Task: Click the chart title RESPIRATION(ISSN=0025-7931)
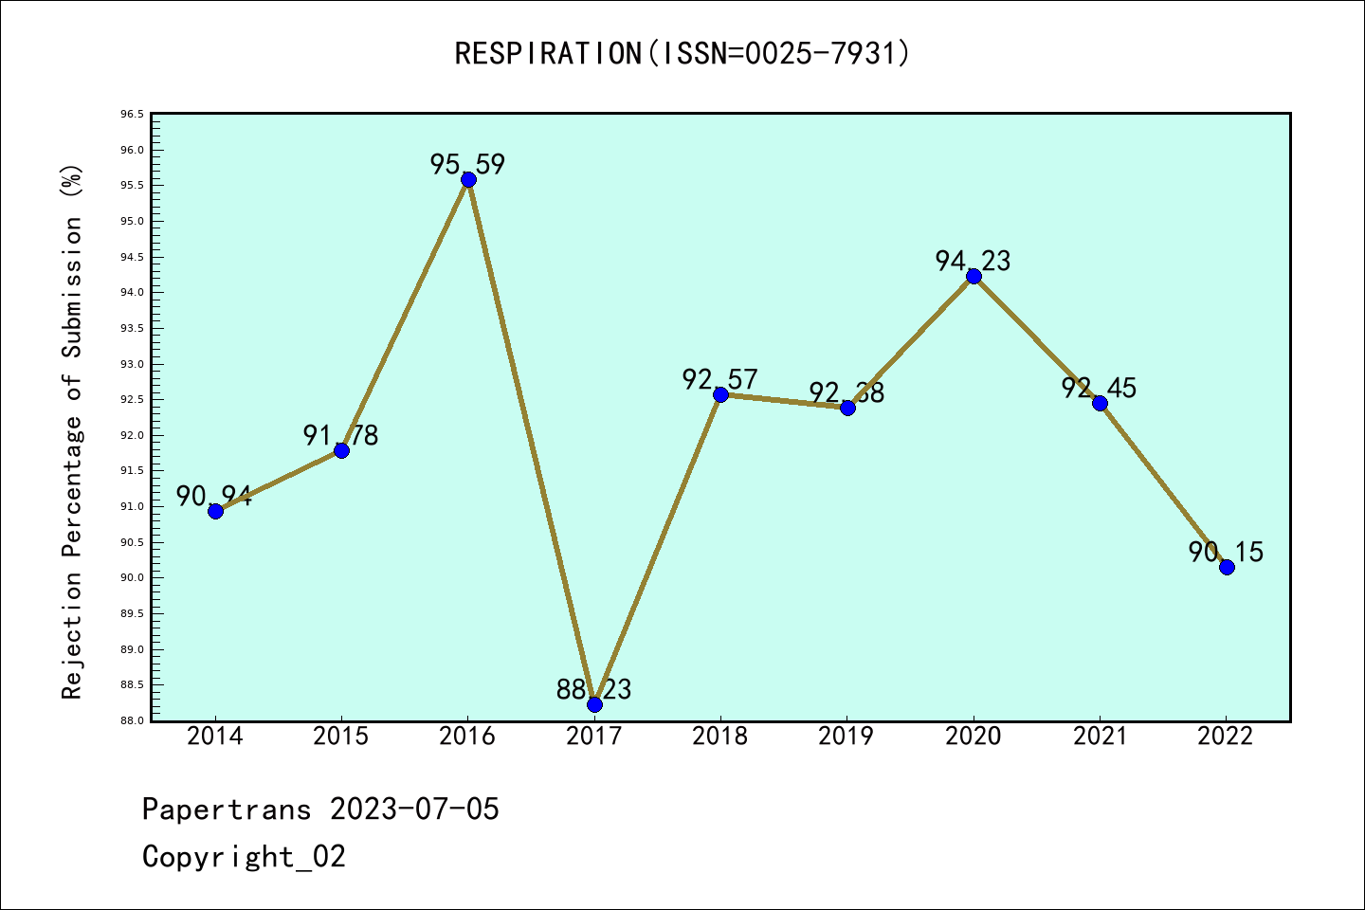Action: point(682,54)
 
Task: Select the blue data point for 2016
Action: point(468,179)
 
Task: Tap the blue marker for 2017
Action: point(594,704)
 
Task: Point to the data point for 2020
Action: point(974,276)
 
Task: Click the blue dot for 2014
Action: point(215,511)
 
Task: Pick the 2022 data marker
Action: point(1227,567)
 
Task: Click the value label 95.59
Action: point(467,164)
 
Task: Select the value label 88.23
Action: point(593,689)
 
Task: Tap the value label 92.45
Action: point(1099,388)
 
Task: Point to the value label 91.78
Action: point(340,435)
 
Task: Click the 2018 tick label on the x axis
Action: point(720,737)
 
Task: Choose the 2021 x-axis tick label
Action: point(1100,737)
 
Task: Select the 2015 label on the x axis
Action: point(341,737)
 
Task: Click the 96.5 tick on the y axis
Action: point(132,115)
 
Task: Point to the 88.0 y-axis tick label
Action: point(132,720)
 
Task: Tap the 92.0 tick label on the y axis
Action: point(132,435)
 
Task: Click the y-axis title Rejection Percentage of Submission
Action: point(73,432)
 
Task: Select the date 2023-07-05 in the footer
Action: point(414,810)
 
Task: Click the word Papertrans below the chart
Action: point(227,810)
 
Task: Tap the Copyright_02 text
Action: point(244,857)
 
